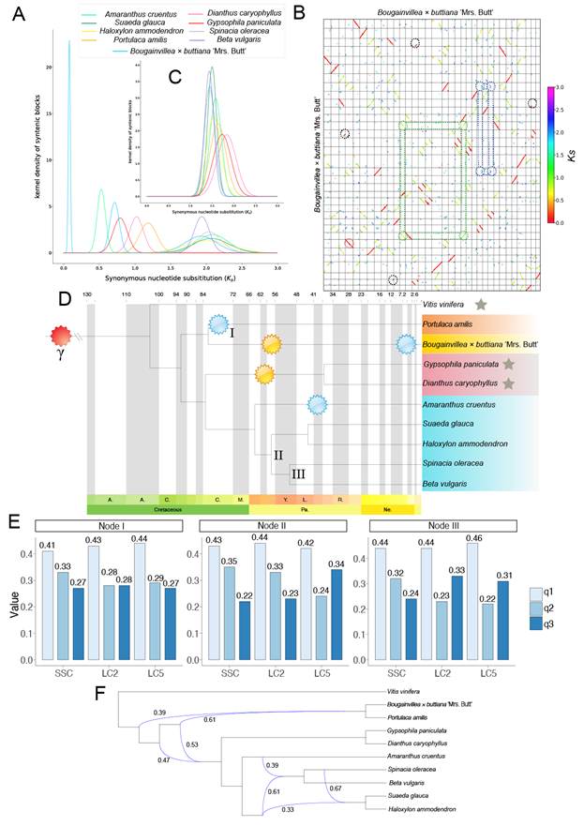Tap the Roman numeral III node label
tap(299, 474)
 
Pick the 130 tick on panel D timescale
tap(87, 294)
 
